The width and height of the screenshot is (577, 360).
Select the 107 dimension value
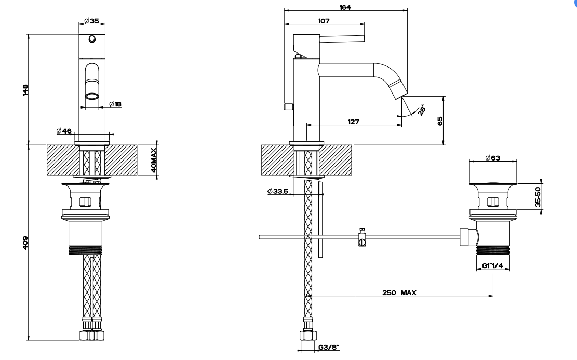[324, 21]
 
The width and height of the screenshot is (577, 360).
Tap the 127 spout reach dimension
[354, 122]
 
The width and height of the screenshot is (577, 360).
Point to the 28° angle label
[422, 110]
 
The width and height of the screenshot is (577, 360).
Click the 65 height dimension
[440, 121]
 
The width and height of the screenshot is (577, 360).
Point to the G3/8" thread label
[329, 347]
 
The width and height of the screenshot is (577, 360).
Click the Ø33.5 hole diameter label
[278, 192]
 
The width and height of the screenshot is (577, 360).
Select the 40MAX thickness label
[154, 161]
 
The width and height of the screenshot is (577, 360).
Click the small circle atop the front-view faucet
[92, 39]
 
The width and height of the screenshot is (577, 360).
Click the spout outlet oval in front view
[92, 96]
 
